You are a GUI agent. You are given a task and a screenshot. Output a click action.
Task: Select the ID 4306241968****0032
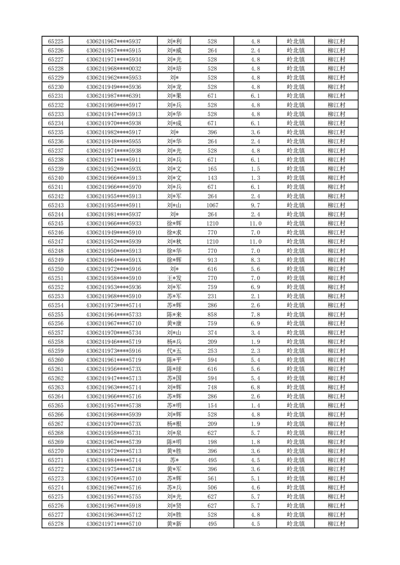click(113, 68)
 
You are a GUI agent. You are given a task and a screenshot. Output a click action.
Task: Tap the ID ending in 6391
click(113, 96)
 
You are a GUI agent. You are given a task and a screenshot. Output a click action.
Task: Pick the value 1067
click(212, 205)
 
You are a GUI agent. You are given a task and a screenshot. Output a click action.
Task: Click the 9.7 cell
click(255, 205)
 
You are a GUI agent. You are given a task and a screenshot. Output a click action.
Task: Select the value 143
click(212, 178)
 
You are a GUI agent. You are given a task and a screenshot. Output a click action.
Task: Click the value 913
click(212, 260)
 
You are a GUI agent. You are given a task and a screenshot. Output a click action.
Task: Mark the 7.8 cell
click(255, 314)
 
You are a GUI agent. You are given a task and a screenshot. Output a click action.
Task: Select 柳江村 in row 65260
click(336, 360)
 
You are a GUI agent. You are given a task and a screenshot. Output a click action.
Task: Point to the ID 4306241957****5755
click(113, 497)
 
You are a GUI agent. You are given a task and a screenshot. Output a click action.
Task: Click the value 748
click(212, 387)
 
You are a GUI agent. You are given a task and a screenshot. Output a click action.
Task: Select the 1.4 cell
click(255, 405)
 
